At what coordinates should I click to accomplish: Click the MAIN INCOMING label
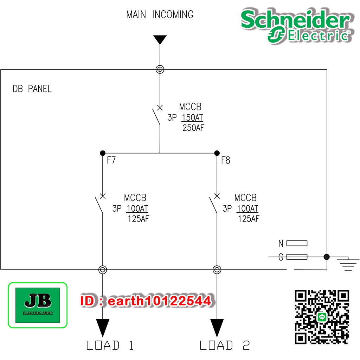160,15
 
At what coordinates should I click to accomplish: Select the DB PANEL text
32,89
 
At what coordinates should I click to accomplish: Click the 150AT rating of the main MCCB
192,117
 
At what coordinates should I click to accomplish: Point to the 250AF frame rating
193,128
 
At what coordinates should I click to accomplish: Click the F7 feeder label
111,161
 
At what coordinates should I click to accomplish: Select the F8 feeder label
225,161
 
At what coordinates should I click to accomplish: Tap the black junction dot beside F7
103,153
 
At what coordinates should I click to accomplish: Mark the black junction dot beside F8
217,153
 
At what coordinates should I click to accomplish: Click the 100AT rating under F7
137,208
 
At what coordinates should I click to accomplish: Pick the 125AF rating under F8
249,219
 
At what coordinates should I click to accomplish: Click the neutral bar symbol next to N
297,243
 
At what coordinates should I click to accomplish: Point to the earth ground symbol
348,264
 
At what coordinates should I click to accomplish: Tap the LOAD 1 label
110,345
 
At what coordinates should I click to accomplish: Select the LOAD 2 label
225,345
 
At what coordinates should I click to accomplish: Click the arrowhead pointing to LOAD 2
217,327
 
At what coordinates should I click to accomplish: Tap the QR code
322,317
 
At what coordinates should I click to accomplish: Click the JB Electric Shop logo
38,305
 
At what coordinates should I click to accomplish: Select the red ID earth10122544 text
146,301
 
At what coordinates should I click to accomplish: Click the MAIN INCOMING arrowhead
160,39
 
